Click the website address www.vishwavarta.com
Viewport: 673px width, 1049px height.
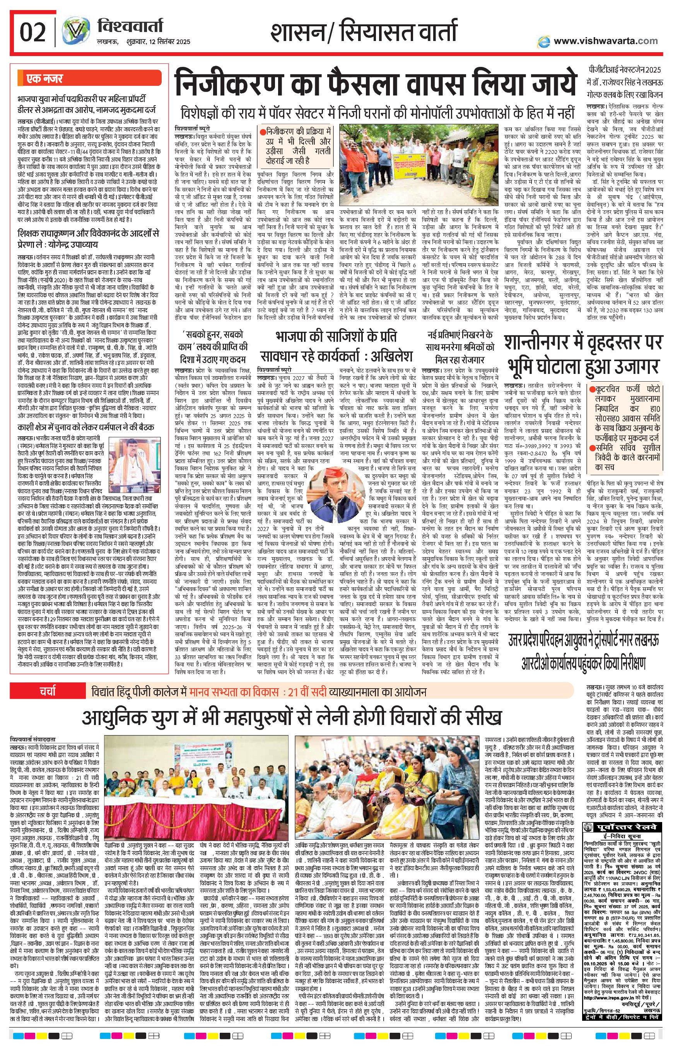pyautogui.click(x=605, y=41)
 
